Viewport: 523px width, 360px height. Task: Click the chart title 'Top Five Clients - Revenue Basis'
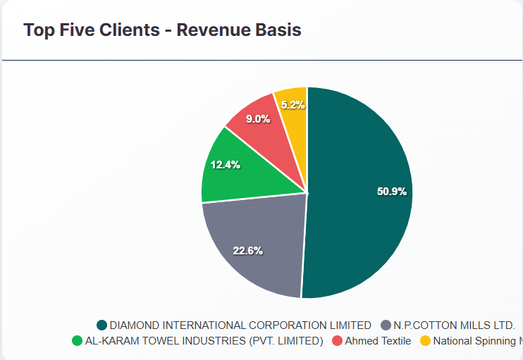(162, 30)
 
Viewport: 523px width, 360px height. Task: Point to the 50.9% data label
(392, 192)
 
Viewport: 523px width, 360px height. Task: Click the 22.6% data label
(247, 251)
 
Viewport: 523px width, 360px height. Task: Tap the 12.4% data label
(225, 165)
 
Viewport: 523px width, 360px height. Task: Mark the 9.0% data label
(257, 119)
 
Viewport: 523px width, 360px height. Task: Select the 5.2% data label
(293, 105)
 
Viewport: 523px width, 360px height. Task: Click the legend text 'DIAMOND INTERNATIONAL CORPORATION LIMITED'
(240, 325)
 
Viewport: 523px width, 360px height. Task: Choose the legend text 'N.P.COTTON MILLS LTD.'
(455, 325)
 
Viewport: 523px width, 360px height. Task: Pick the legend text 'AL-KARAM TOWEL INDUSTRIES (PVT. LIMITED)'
(204, 341)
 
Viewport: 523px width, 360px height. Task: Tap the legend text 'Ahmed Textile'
(378, 341)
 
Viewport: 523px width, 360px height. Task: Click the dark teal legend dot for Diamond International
(102, 325)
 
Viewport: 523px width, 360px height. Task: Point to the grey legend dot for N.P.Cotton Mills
(386, 325)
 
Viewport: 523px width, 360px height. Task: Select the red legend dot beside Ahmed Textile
(337, 341)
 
